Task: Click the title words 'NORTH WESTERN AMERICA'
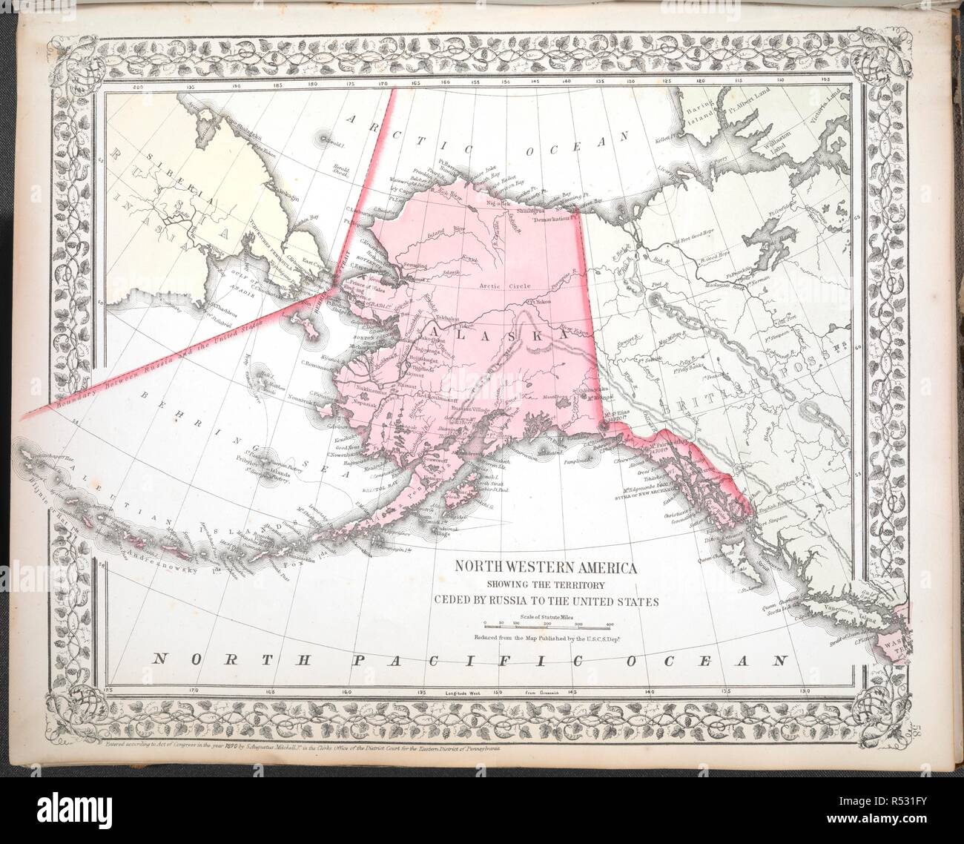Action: pos(546,569)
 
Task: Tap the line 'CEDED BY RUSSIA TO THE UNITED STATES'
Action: pos(546,601)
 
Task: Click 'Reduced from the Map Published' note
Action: pos(547,637)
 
